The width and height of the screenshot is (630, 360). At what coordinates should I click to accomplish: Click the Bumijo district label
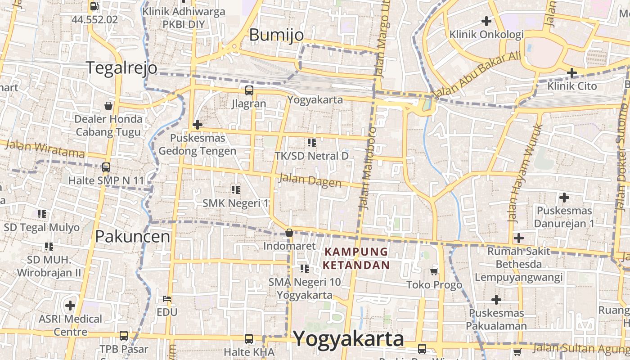pos(276,35)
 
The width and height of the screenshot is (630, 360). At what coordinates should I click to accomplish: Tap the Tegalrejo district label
pos(121,67)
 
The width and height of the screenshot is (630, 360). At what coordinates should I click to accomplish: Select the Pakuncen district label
pos(133,237)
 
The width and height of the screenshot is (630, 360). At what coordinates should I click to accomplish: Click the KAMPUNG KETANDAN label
pos(356,258)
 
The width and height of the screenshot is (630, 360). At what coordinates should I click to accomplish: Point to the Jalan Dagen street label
pos(310,180)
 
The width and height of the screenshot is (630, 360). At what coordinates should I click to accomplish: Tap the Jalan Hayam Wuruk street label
pos(525,173)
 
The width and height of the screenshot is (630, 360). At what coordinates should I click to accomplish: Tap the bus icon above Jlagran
pos(249,90)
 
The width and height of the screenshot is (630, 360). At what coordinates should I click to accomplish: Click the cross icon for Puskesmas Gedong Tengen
pos(197,125)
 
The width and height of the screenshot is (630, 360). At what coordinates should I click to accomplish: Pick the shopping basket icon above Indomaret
pos(289,233)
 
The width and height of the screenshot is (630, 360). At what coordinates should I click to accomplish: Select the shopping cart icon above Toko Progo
pos(434,271)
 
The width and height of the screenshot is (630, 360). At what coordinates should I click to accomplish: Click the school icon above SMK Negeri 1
pos(235,190)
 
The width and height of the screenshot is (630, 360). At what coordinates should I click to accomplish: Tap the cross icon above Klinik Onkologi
pos(486,21)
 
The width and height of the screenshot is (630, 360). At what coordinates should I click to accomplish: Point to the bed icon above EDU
pos(166,298)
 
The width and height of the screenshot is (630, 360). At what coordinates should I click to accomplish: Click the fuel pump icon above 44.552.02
pos(94,6)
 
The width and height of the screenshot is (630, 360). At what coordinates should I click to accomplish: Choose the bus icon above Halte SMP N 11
pos(106,167)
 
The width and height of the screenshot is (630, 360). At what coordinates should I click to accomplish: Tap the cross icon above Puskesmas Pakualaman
pos(496,299)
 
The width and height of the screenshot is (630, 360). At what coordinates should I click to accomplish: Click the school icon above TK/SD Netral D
pos(311,143)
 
